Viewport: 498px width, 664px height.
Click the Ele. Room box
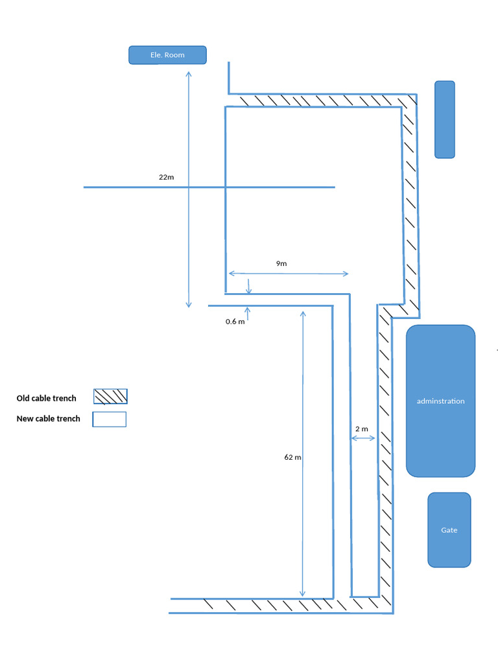pos(167,55)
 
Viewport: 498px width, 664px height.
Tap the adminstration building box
pos(440,376)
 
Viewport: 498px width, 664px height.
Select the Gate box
pos(449,530)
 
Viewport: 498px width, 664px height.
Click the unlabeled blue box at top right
pos(444,119)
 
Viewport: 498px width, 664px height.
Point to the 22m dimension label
pos(166,177)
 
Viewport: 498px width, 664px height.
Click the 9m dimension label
pos(281,264)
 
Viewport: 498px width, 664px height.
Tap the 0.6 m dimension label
pos(235,322)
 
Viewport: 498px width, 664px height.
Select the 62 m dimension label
pos(292,457)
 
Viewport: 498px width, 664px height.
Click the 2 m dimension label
pos(362,429)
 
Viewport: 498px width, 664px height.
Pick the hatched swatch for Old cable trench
pos(110,396)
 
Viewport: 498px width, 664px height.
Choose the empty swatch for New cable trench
pos(110,420)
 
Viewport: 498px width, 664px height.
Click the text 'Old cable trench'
pos(46,398)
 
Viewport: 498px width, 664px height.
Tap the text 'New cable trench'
pos(48,419)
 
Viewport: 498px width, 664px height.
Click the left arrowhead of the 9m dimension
pos(230,274)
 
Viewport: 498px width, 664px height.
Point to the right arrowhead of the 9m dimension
pos(346,274)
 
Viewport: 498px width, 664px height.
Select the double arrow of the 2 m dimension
pos(363,439)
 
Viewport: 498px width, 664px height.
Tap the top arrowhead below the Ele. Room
pos(189,74)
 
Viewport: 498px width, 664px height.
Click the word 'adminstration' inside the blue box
pos(440,401)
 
